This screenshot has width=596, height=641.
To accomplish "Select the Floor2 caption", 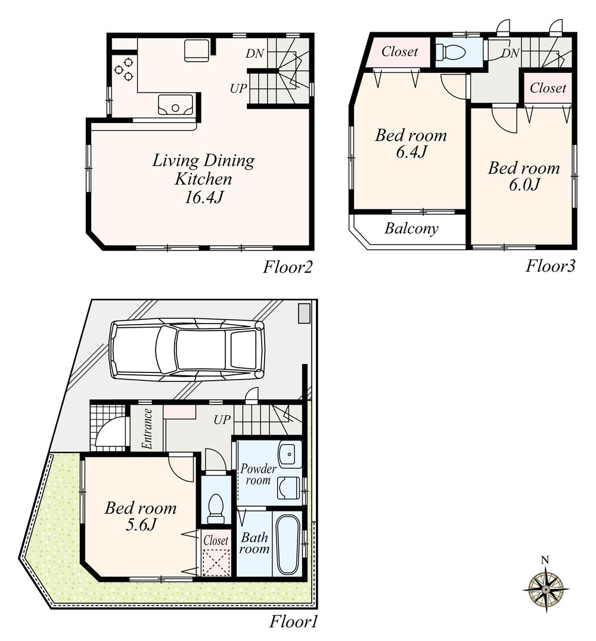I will click(288, 267).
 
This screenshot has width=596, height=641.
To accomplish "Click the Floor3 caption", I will click(550, 266).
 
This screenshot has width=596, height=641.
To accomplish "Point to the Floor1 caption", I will click(294, 622).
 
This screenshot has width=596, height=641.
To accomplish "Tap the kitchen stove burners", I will click(125, 69).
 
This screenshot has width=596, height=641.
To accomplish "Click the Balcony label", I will click(411, 228).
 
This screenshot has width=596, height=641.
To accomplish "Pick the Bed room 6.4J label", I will click(411, 143).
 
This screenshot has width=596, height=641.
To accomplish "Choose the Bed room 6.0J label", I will click(524, 176).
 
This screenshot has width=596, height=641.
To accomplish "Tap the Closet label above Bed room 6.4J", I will click(399, 52).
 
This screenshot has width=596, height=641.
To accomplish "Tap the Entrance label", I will click(147, 428).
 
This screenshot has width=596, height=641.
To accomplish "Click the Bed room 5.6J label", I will click(141, 516).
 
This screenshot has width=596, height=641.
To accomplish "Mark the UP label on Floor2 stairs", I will click(238, 88).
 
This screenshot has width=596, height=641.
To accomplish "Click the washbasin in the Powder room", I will click(290, 455).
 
